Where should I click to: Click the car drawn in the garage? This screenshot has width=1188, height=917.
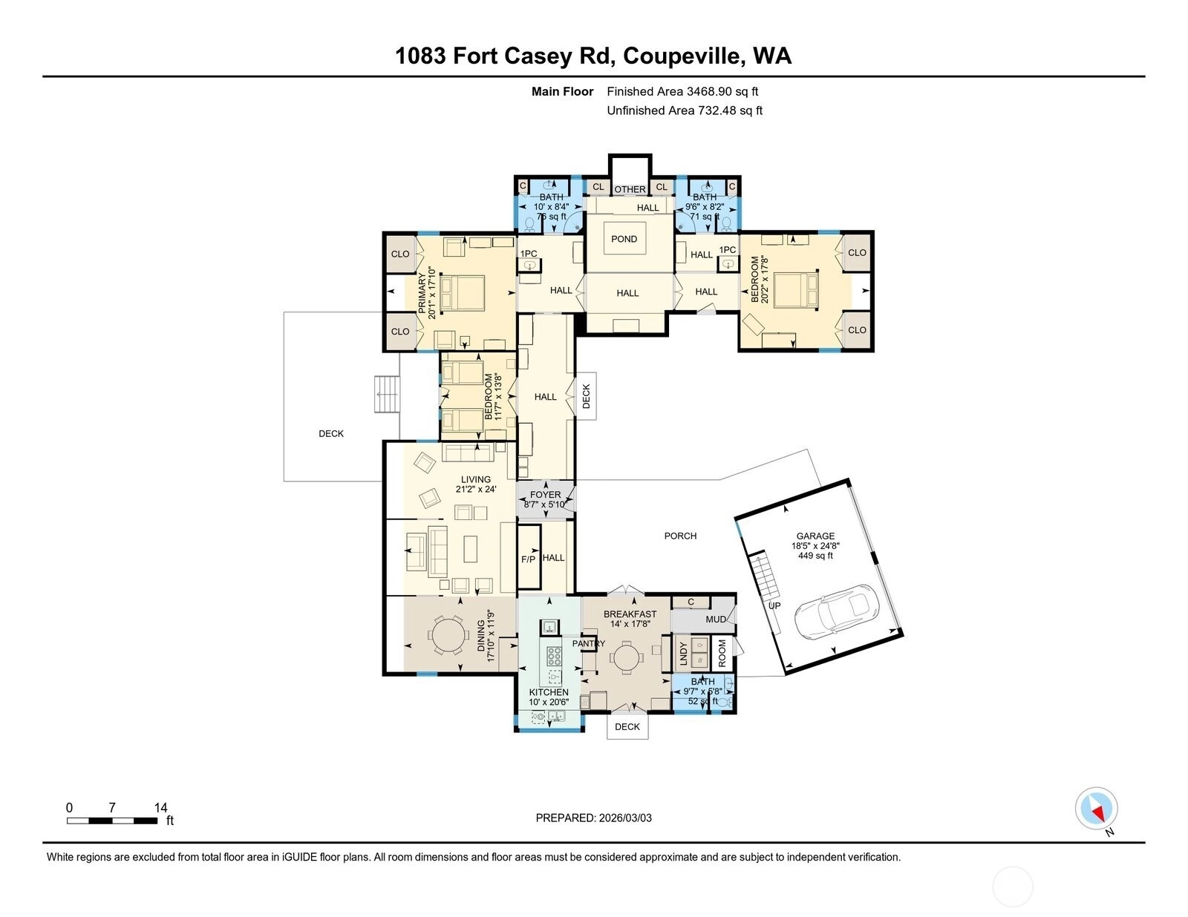click(x=836, y=611)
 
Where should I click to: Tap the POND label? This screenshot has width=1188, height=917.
click(x=624, y=239)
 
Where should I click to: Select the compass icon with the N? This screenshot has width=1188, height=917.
click(x=1096, y=809)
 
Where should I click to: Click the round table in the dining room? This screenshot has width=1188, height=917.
click(x=448, y=634)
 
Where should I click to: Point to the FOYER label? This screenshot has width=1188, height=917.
click(x=545, y=495)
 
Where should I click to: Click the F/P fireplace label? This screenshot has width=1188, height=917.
click(x=528, y=559)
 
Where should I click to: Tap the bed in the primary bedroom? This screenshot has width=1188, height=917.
click(x=463, y=293)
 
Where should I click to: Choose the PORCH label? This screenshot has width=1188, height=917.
click(x=680, y=536)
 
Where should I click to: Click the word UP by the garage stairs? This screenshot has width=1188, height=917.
click(x=774, y=605)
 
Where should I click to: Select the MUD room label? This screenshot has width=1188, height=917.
click(x=716, y=619)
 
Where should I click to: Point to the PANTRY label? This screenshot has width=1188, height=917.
click(x=588, y=643)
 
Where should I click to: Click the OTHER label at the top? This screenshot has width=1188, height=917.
click(x=630, y=189)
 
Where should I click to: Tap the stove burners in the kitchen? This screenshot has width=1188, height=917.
click(x=554, y=655)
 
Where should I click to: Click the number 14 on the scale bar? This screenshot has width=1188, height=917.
click(x=160, y=807)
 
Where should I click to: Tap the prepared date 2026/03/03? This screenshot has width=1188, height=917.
click(x=625, y=818)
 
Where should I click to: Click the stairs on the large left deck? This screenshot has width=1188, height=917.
click(x=387, y=394)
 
